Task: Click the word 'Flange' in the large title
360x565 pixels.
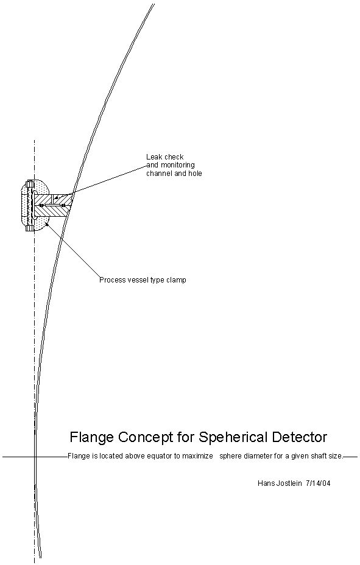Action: [92, 437]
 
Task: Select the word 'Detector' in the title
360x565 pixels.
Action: [300, 437]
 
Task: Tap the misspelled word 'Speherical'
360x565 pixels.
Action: [233, 437]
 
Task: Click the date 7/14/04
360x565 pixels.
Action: [318, 483]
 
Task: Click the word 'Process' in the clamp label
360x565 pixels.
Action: [112, 280]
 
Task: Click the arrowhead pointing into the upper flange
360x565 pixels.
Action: [57, 197]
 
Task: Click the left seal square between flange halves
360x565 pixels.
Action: [42, 205]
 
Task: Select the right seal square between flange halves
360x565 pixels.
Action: [63, 205]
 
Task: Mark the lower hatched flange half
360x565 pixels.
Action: [53, 211]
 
